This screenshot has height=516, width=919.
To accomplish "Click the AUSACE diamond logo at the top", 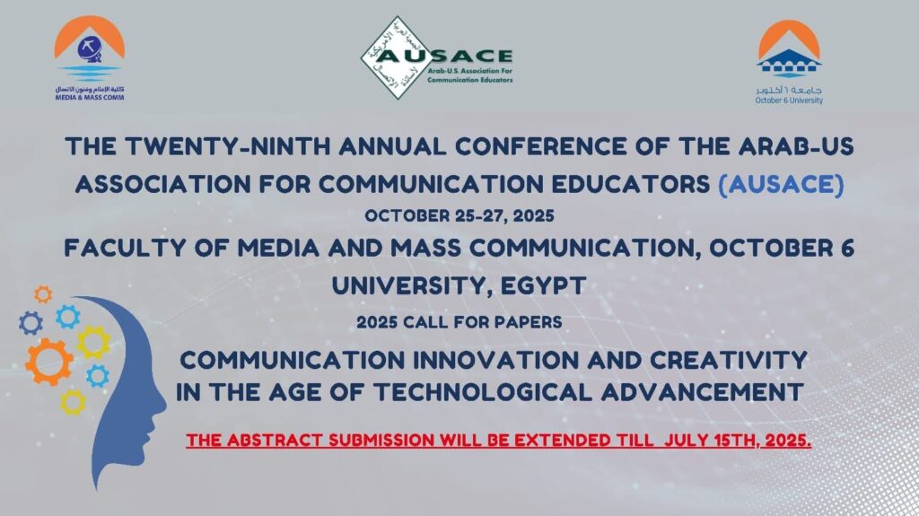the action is [437, 57].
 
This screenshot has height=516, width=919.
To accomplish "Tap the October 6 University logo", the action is [789, 62].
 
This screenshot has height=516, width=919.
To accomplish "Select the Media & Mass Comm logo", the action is [90, 58].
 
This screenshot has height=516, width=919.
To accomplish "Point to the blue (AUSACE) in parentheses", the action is [782, 184].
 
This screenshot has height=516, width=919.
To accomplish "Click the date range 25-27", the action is [478, 215].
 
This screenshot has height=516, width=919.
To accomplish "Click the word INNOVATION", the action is [495, 360].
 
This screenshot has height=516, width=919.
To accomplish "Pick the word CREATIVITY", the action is [729, 360].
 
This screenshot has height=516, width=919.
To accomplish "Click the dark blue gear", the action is [31, 323].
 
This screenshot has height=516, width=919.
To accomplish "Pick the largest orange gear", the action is [49, 362].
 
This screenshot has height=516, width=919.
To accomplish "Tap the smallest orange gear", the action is [43, 293].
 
